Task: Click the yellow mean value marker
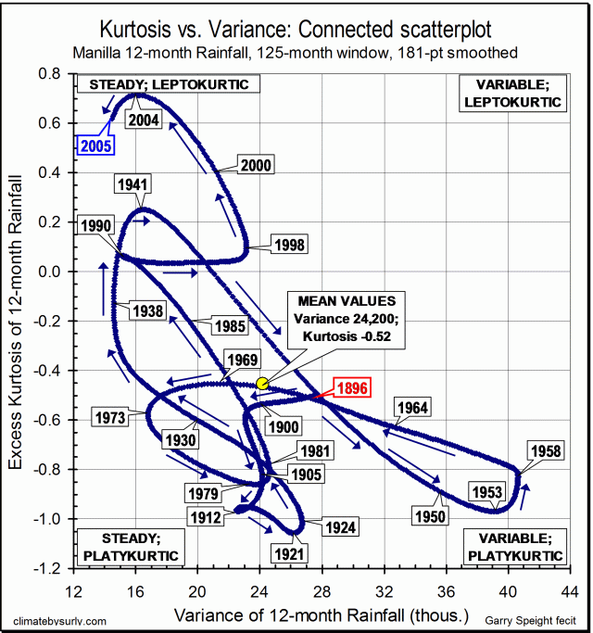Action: [262, 382]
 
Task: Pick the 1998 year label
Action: [290, 245]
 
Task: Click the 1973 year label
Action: [109, 418]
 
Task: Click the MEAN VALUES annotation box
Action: [347, 318]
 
